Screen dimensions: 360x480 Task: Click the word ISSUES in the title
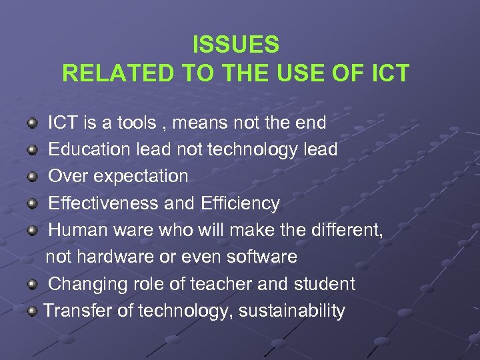[236, 45]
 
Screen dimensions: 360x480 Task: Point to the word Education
[89, 149]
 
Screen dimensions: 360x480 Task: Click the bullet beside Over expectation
[32, 177]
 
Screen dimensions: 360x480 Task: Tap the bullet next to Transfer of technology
[32, 311]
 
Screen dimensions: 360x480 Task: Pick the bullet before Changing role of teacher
[32, 285]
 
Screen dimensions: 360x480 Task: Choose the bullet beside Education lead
[32, 150]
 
